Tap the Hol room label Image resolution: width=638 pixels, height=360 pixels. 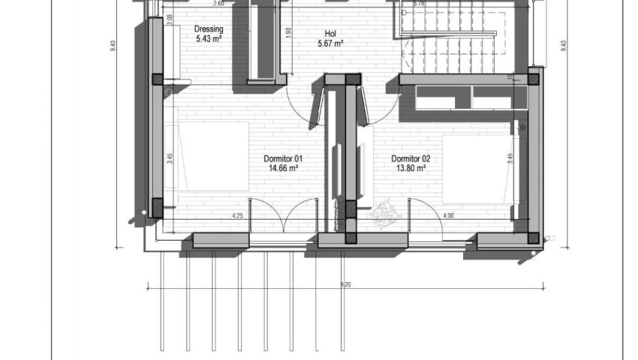pos(330,34)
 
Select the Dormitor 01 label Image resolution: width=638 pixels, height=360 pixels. pos(283,159)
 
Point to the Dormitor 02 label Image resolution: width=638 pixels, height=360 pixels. pos(411,159)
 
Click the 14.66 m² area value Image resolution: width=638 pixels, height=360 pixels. pos(284,169)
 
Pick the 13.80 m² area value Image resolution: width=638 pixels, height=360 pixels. pos(411,169)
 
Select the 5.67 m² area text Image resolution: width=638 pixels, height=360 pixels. pos(330,43)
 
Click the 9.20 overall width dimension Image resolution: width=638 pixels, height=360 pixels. pos(346,284)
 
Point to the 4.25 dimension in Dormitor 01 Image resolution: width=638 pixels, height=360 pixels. pos(237,216)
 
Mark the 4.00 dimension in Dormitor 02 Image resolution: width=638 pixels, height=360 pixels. pos(449,216)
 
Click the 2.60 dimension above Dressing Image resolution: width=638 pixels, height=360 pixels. pos(218,4)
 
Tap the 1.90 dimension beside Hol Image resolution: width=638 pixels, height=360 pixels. pos(289,33)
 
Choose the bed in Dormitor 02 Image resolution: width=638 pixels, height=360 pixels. pos(477,169)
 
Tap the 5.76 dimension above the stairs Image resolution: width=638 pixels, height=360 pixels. pos(420,4)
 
